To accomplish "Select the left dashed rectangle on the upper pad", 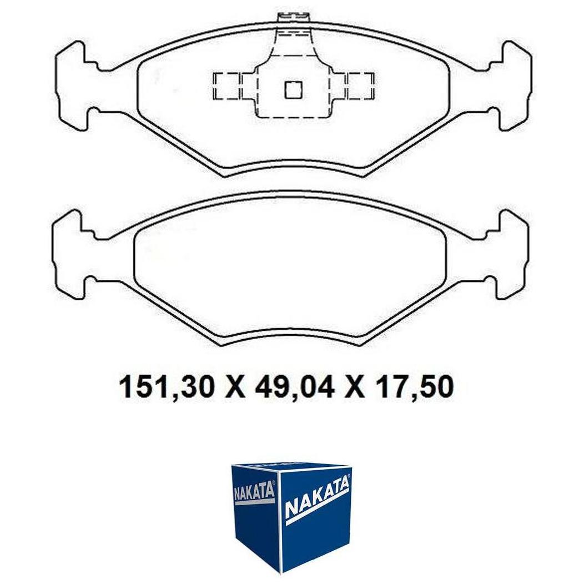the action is tap(226, 86).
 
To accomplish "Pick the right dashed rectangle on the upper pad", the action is tap(360, 86).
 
